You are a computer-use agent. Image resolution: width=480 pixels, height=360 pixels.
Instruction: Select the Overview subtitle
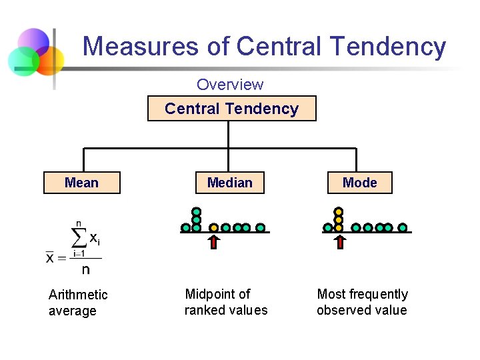[230, 85]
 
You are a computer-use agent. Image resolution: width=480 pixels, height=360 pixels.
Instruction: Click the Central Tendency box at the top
[231, 109]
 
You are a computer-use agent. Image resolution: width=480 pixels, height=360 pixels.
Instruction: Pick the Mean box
[81, 183]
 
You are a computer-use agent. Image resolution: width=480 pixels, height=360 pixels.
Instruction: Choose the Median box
[229, 183]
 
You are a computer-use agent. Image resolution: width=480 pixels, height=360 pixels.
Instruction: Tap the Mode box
[359, 183]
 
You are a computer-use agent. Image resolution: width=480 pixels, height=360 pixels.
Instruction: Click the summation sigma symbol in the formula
[79, 236]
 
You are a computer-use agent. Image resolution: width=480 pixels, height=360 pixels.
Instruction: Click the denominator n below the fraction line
[85, 270]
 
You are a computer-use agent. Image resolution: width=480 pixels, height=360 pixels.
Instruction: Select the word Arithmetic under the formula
[78, 295]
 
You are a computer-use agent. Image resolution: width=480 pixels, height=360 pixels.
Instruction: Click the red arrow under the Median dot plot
[214, 241]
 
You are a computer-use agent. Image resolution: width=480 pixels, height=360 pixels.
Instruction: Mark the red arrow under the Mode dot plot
[339, 241]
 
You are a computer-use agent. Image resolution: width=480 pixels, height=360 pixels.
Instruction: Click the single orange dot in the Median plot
[214, 227]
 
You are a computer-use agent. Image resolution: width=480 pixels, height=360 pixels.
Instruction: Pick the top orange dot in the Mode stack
[339, 211]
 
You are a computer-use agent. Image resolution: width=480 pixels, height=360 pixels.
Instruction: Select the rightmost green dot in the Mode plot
[403, 227]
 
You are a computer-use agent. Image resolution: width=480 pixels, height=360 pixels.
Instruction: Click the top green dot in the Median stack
[197, 211]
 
